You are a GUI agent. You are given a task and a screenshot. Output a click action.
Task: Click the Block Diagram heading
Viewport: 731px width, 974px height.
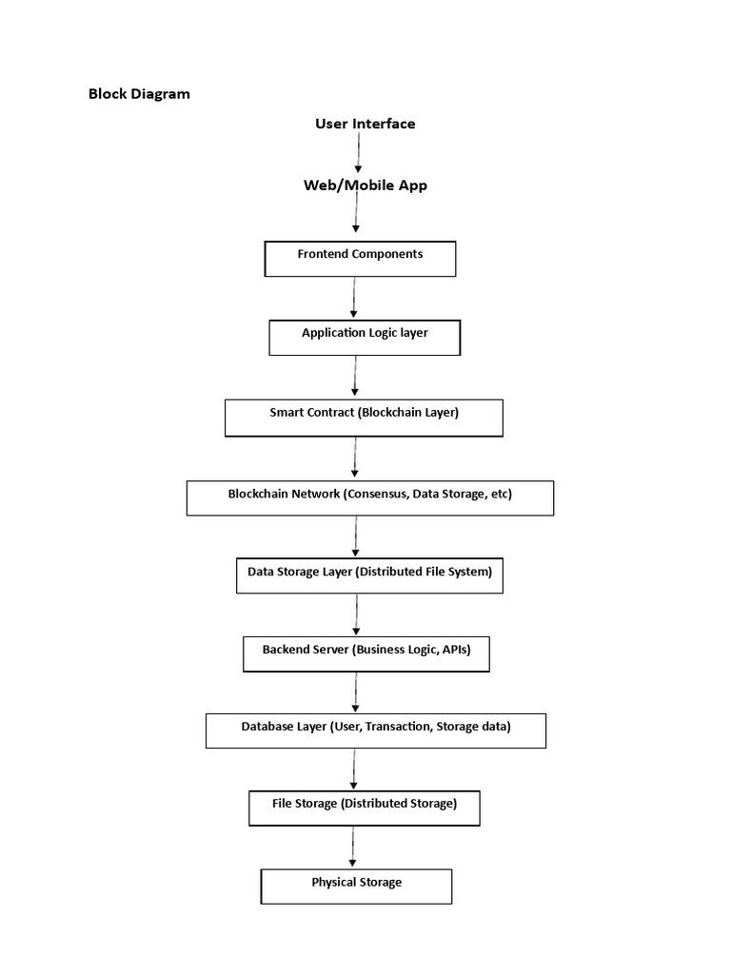tap(139, 93)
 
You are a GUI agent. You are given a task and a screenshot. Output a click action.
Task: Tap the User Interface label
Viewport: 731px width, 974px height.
tap(365, 124)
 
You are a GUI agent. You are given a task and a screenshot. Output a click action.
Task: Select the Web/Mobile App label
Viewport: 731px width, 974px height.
tap(365, 185)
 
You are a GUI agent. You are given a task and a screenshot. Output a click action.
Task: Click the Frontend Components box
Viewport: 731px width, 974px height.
tap(360, 259)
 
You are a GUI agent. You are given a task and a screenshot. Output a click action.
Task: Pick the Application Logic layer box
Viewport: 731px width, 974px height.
tap(365, 338)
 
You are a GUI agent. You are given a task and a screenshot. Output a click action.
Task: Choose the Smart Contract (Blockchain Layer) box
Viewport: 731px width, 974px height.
tap(364, 418)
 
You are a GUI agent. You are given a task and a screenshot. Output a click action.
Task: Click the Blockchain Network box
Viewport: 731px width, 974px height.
tap(369, 497)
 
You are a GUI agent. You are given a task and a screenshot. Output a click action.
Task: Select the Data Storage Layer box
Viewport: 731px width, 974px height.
tap(369, 575)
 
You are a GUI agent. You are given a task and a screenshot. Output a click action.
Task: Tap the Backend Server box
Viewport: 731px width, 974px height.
tap(365, 654)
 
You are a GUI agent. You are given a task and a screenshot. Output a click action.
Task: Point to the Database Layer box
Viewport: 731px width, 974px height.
tap(375, 730)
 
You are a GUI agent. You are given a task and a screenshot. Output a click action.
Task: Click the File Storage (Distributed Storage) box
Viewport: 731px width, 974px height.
tap(364, 808)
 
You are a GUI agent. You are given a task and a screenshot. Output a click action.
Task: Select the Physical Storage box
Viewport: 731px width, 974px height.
tap(356, 886)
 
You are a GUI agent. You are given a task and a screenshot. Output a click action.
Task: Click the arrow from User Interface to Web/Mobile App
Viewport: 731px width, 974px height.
tap(358, 153)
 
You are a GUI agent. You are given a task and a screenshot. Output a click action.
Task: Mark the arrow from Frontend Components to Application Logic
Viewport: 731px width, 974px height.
tap(354, 298)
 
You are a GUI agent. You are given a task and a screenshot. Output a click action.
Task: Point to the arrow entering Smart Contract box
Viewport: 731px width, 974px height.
tap(355, 377)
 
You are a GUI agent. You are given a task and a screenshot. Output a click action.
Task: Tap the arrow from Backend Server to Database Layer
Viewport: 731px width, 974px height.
tap(355, 692)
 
